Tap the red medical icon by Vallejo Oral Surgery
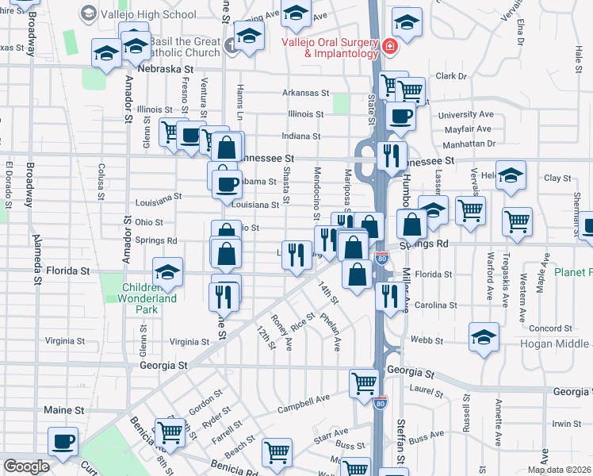pyautogui.click(x=389, y=47)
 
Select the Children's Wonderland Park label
pyautogui.click(x=150, y=298)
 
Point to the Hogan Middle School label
pyautogui.click(x=555, y=344)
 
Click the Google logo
pyautogui.click(x=26, y=466)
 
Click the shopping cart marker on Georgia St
pyautogui.click(x=364, y=383)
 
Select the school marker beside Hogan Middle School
pyautogui.click(x=484, y=336)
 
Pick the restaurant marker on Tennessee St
pyautogui.click(x=391, y=155)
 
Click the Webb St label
pyautogui.click(x=422, y=340)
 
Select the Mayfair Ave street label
pyautogui.click(x=469, y=129)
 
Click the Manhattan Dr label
pyautogui.click(x=469, y=144)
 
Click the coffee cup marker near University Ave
pyautogui.click(x=400, y=116)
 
